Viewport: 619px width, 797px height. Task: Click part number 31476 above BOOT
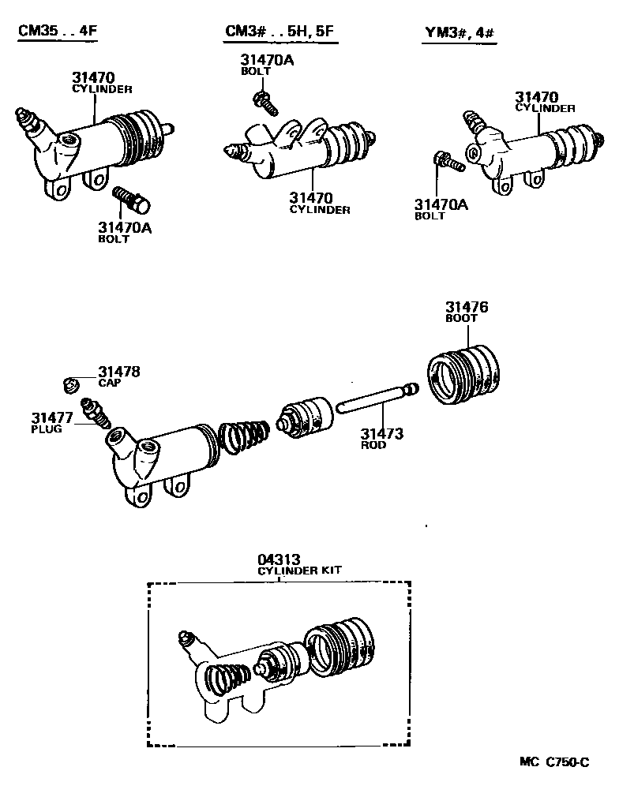466,307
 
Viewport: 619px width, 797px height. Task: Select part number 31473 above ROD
382,433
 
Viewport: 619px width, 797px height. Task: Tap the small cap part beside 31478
69,384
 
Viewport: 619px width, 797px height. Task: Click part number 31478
118,371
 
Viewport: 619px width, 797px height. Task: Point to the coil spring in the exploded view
244,439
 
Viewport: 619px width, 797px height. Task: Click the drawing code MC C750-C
553,761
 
